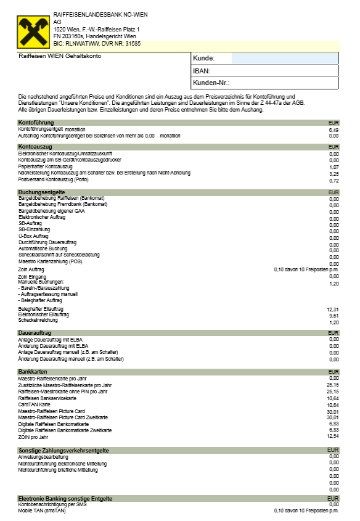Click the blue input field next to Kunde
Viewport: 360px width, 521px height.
tap(285, 59)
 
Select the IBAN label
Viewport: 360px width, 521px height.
tap(202, 71)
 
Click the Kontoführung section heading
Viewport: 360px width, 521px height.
tap(36, 123)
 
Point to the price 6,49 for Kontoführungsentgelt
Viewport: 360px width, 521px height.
tap(334, 130)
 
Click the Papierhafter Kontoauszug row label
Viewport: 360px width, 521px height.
tap(46, 166)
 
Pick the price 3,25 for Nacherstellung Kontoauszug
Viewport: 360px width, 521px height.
tap(334, 174)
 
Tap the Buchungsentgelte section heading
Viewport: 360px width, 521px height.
tap(41, 192)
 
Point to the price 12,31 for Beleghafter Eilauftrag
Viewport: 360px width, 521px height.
tap(333, 309)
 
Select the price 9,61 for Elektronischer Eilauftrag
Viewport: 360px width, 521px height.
tap(334, 315)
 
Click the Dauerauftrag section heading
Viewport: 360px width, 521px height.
tap(35, 333)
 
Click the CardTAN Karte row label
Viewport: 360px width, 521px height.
tap(36, 404)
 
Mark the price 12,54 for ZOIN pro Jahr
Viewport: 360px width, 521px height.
tap(333, 436)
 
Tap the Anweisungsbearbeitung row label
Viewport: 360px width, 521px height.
tap(43, 457)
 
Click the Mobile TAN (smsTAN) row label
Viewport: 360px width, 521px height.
tap(42, 511)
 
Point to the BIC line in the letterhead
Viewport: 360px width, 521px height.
tap(97, 44)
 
